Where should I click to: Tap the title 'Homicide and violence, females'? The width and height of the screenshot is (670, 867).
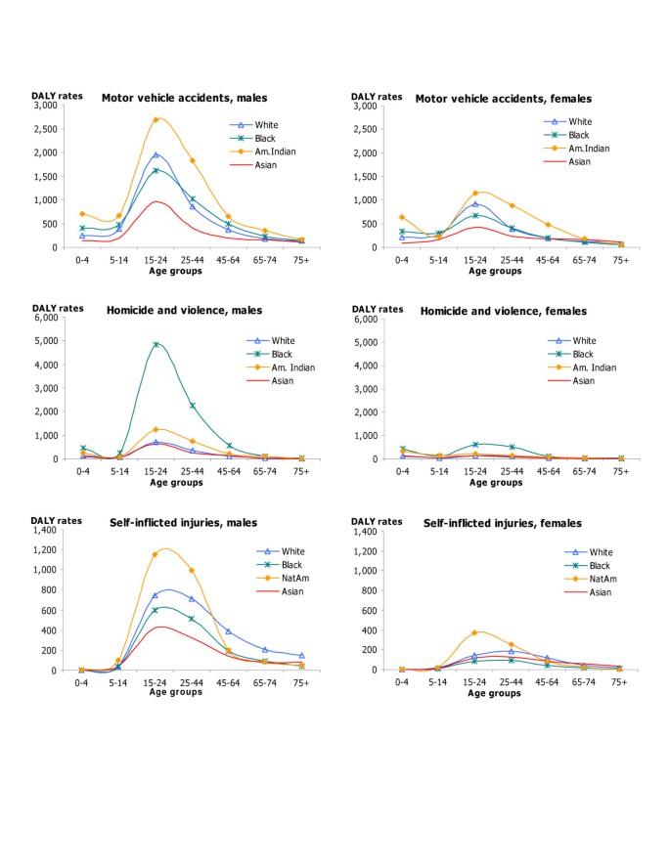[503, 311]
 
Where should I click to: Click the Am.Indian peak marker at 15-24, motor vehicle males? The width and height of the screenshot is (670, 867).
[156, 119]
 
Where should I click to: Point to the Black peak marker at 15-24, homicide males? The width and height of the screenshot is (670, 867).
[156, 344]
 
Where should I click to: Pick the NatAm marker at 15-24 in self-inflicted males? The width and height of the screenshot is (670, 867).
[155, 554]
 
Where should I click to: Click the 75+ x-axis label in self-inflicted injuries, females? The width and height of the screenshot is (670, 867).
[620, 681]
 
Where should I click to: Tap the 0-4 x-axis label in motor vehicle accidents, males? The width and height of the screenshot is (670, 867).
[83, 260]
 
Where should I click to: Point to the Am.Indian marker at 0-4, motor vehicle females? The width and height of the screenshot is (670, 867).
[402, 217]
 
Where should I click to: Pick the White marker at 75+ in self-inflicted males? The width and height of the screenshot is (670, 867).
[301, 656]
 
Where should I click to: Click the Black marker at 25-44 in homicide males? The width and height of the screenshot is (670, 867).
[192, 406]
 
